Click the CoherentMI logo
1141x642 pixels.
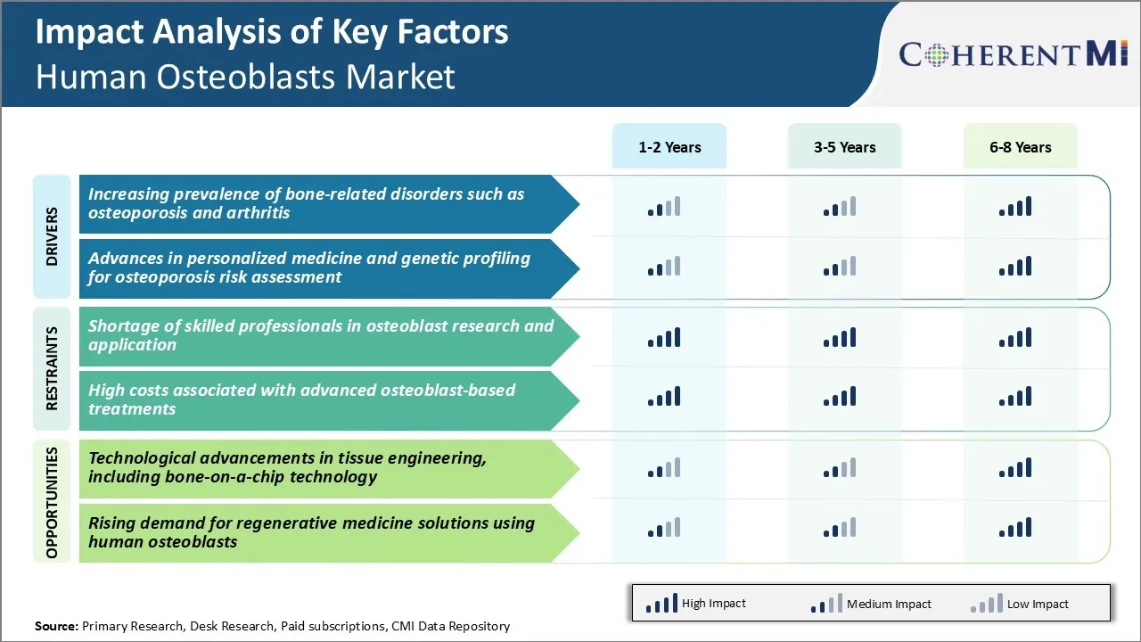click(x=1014, y=54)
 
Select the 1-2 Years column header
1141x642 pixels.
click(x=669, y=147)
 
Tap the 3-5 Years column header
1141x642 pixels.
click(x=844, y=147)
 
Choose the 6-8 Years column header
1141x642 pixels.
click(x=1020, y=147)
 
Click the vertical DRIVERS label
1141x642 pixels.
click(x=52, y=237)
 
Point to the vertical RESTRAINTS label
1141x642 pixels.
click(x=52, y=368)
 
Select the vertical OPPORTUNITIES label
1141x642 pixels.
click(x=52, y=502)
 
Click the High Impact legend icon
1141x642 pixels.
click(x=661, y=604)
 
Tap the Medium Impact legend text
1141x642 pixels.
click(x=889, y=604)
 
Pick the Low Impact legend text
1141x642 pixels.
click(x=1038, y=604)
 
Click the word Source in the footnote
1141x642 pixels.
click(x=55, y=626)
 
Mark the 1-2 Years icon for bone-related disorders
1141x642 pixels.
click(x=664, y=207)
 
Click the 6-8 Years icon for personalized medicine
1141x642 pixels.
click(x=1015, y=266)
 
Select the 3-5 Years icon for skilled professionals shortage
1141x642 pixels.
click(x=840, y=337)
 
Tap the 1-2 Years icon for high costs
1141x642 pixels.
click(x=664, y=396)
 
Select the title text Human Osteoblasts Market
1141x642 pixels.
click(x=245, y=77)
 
